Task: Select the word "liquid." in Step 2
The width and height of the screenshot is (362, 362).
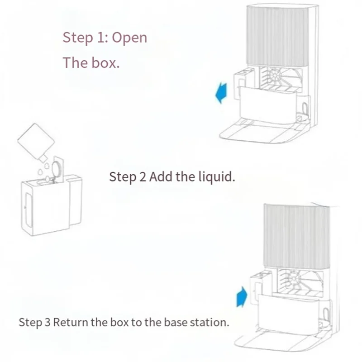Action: point(217,176)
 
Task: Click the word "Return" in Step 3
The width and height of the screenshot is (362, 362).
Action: point(71,323)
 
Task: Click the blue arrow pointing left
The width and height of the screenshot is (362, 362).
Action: point(221,93)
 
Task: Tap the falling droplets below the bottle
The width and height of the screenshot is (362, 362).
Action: point(43,170)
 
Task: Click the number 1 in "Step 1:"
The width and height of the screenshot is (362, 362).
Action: point(101,38)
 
